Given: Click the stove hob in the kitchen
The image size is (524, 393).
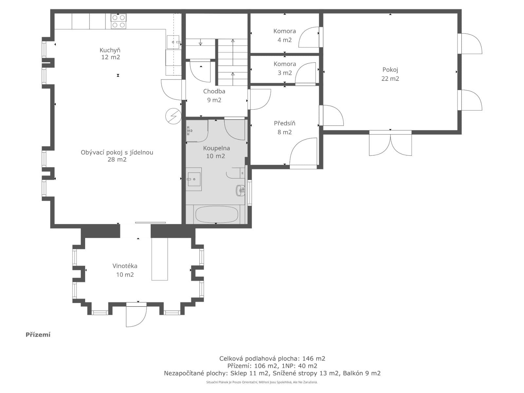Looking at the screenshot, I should tap(119, 21).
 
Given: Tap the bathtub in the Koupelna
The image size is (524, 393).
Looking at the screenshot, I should tap(216, 215).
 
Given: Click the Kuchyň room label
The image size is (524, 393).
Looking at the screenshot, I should tap(110, 53).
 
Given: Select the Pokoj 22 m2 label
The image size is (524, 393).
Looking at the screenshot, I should tap(390, 74).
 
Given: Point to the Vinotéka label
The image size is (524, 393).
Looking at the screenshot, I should tap(125, 270).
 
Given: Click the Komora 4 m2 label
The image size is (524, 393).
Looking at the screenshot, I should tap(285, 35).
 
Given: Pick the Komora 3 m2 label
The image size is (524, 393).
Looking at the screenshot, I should tap(285, 68).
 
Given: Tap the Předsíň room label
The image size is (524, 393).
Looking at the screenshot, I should tap(285, 128).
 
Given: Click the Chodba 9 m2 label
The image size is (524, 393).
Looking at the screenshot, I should tap(214, 96).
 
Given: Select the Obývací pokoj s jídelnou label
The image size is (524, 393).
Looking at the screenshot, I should tap(117, 156).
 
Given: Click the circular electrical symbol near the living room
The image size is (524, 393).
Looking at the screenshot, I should tap(173, 116).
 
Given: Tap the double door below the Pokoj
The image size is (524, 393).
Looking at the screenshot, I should tap(390, 143).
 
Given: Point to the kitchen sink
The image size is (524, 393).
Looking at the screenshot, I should tap(174, 42).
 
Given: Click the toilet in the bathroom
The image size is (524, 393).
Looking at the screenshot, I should tap(240, 190).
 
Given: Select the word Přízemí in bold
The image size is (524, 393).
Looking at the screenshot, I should tap(38, 335).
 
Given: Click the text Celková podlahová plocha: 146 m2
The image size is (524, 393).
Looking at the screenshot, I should tap(272, 358).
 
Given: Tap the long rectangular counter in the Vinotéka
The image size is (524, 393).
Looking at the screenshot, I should tap(159, 259).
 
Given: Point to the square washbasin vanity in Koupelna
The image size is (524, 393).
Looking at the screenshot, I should tap(194, 179).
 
